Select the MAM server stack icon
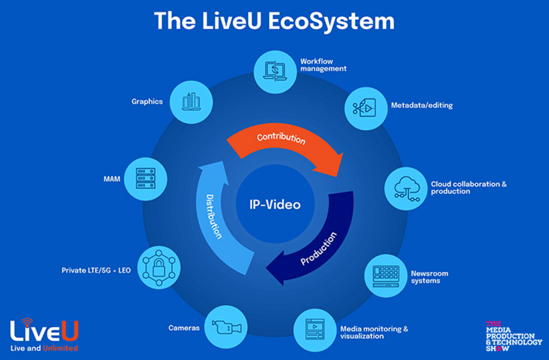pyautogui.click(x=146, y=179)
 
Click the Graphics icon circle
pyautogui.click(x=191, y=102)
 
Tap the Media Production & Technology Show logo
pyautogui.click(x=513, y=335)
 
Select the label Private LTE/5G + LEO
pyautogui.click(x=96, y=270)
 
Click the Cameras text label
pyautogui.click(x=184, y=328)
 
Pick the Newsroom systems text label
pyautogui.click(x=429, y=277)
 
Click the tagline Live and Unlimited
pyautogui.click(x=44, y=348)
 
